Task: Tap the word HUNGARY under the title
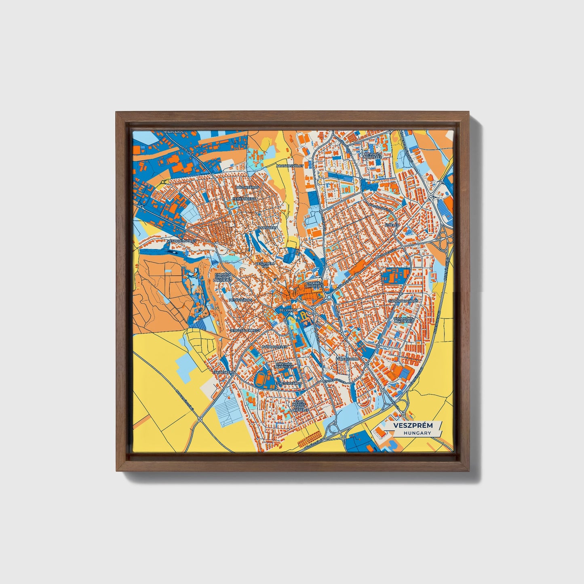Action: click(417, 433)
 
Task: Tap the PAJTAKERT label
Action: click(268, 228)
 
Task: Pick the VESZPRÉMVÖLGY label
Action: click(181, 241)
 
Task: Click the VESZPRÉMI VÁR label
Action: click(265, 265)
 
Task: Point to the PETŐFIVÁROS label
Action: click(240, 300)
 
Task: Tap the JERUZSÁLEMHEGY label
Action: click(245, 331)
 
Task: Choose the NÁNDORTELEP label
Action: click(274, 347)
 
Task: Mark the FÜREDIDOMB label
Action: click(347, 359)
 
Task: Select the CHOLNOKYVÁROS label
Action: click(403, 301)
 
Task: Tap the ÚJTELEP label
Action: click(392, 225)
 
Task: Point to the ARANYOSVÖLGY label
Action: click(290, 166)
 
